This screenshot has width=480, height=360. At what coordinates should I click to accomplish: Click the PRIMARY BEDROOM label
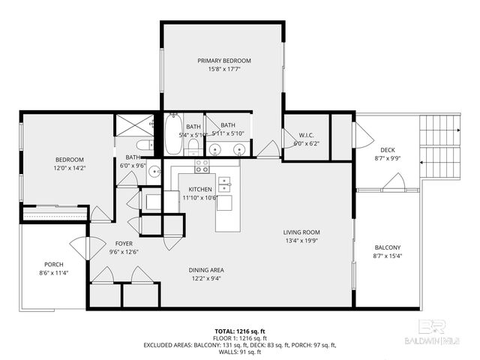click(x=223, y=61)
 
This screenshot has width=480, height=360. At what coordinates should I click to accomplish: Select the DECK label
click(x=387, y=150)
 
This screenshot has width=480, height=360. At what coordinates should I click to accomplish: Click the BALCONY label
click(x=387, y=248)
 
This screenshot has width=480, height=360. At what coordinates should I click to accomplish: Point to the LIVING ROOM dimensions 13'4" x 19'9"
click(x=302, y=241)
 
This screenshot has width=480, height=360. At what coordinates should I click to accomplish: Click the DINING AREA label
click(x=205, y=270)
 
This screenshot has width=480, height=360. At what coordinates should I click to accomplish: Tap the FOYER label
click(x=124, y=244)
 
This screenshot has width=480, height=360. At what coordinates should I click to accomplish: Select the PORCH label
click(x=54, y=264)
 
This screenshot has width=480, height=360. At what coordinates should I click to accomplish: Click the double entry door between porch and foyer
click(x=87, y=247)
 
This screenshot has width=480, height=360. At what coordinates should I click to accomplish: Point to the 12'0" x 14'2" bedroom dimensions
click(x=69, y=168)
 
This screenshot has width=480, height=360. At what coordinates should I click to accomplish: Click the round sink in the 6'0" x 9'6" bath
click(x=154, y=171)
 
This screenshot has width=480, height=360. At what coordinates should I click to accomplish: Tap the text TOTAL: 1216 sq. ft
click(x=239, y=331)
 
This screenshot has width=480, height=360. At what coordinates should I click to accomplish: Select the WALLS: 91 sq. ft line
click(x=239, y=351)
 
